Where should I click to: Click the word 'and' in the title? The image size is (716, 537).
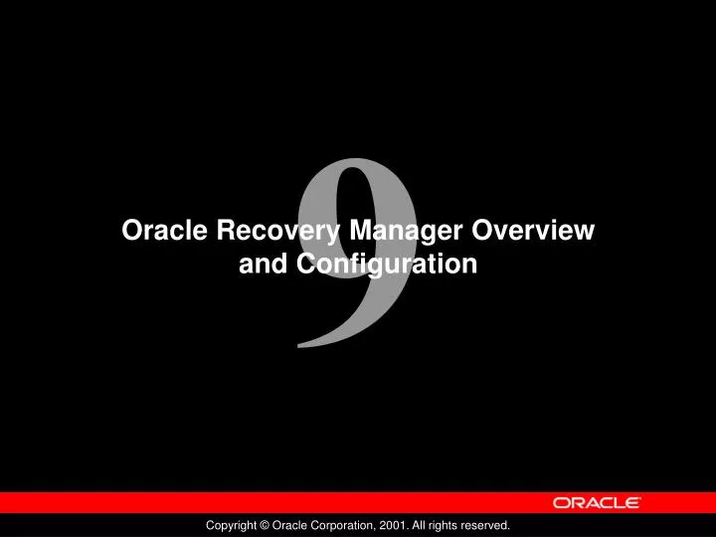[264, 265]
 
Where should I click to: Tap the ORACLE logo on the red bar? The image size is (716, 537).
[597, 503]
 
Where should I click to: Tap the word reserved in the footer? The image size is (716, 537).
[484, 524]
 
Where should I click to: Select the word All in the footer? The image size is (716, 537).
[418, 524]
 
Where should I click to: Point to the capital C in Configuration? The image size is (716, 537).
[305, 265]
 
